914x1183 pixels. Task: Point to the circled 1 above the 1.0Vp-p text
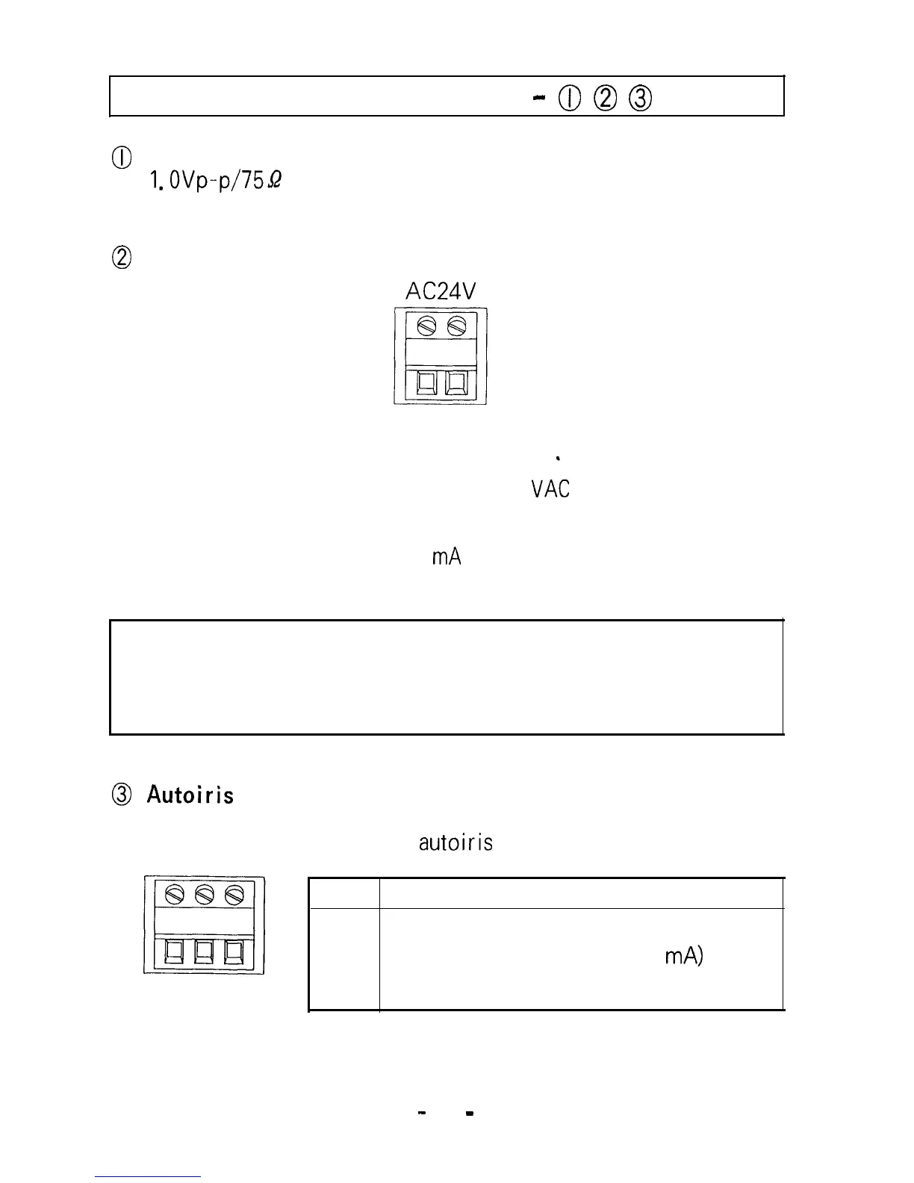tap(122, 158)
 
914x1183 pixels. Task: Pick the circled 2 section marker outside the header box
tap(122, 258)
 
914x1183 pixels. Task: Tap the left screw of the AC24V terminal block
tap(427, 326)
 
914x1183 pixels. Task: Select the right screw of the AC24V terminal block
tap(456, 326)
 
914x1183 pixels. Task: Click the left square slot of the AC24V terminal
tap(426, 383)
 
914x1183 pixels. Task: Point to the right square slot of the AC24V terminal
tap(456, 383)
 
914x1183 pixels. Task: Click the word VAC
tap(550, 489)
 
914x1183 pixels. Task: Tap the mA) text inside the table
tap(683, 957)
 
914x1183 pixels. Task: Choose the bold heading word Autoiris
tap(190, 795)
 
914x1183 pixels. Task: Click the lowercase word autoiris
tap(456, 843)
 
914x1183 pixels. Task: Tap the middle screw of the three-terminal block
tap(205, 892)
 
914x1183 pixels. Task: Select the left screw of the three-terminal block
tap(175, 892)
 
